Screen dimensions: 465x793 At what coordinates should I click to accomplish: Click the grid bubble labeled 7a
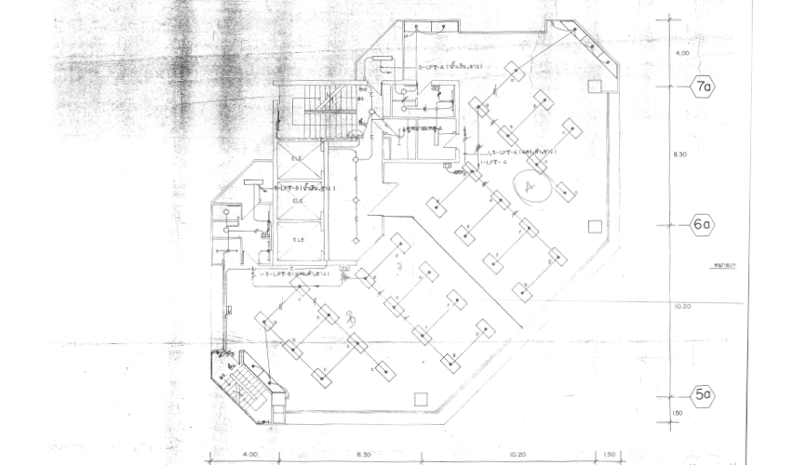pyautogui.click(x=702, y=88)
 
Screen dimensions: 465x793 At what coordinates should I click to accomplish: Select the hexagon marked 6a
pyautogui.click(x=702, y=224)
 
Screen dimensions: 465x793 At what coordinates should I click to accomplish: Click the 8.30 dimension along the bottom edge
pyautogui.click(x=363, y=454)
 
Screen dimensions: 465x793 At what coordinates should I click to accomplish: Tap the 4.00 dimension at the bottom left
pyautogui.click(x=249, y=454)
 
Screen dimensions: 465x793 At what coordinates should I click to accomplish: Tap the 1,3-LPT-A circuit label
pyautogui.click(x=517, y=151)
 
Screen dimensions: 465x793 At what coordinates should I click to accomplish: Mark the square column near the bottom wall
pyautogui.click(x=423, y=400)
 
